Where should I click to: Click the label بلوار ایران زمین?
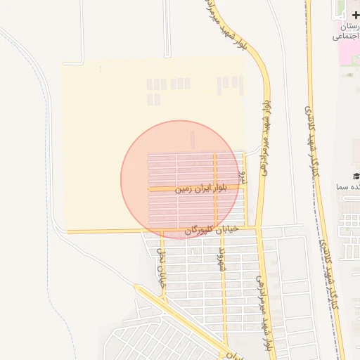coord(183,188)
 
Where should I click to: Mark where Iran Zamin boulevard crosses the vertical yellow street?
coord(215,188)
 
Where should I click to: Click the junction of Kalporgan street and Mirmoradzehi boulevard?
coord(258,229)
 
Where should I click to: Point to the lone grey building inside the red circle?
coord(192,139)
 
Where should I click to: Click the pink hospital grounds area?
coord(349,56)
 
